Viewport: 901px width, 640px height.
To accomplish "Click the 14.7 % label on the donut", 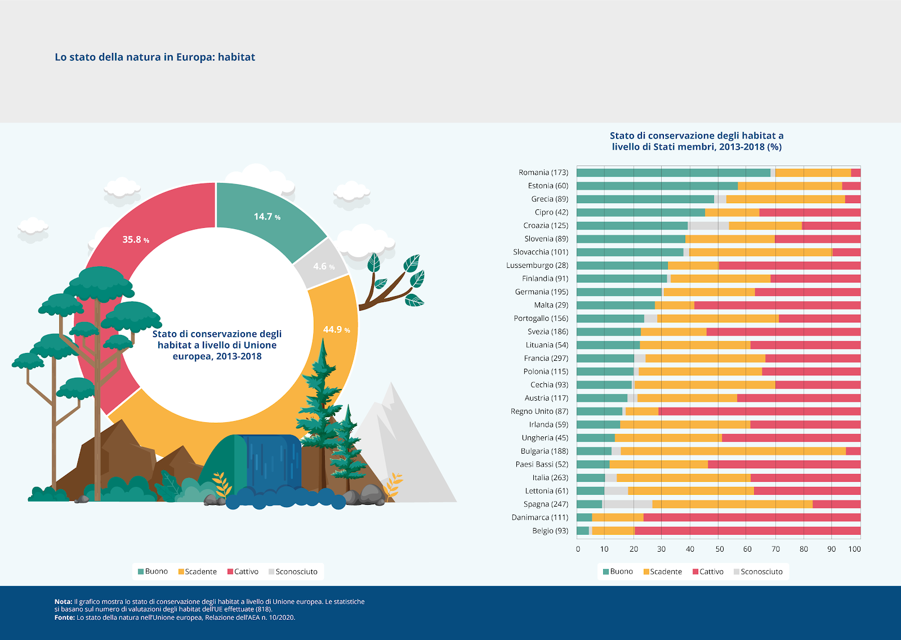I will (x=267, y=217).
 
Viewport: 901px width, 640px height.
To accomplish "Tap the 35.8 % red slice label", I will (x=136, y=240).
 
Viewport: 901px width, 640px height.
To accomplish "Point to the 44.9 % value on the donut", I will (x=336, y=330).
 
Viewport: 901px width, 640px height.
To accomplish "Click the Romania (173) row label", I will (x=543, y=173).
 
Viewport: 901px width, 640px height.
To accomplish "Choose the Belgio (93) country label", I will (x=550, y=531).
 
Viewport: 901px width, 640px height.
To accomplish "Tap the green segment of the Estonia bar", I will (x=657, y=186).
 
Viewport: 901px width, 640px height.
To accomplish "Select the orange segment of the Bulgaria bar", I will (x=733, y=451).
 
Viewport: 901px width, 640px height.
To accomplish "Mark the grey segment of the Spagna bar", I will (x=627, y=504).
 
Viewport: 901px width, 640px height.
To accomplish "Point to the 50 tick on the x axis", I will (x=719, y=549).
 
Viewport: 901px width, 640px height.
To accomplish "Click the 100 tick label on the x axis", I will (x=854, y=549).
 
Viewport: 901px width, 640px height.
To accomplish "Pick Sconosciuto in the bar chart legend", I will (x=761, y=572).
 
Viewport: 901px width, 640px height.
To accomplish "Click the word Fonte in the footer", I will (x=64, y=617).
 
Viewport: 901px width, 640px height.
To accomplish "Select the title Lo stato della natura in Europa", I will (x=155, y=57).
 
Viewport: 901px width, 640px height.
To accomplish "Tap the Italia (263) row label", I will (x=550, y=478).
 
